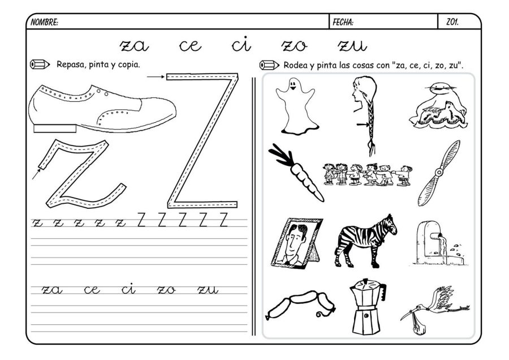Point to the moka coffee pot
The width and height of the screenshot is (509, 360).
click(x=366, y=306)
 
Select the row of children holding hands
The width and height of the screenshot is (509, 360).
click(x=367, y=175)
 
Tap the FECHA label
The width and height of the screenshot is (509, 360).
click(x=343, y=23)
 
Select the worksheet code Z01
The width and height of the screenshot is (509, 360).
click(x=452, y=23)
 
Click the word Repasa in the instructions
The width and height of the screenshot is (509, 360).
click(x=70, y=64)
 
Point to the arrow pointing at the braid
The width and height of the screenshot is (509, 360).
click(x=361, y=123)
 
